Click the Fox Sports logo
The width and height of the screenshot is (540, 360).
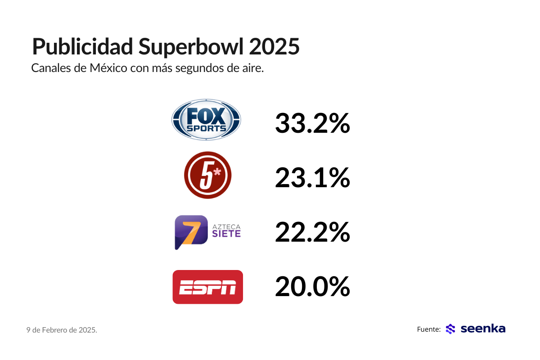(206, 120)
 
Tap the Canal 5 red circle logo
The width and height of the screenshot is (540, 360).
(207, 175)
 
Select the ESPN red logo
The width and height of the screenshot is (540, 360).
(208, 287)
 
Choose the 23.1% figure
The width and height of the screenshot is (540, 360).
(312, 178)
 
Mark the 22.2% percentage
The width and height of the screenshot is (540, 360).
(312, 232)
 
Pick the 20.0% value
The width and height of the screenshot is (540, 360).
(312, 287)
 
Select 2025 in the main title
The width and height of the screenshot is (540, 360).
(274, 47)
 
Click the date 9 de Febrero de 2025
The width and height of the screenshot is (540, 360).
(62, 330)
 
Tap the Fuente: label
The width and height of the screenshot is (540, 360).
(428, 329)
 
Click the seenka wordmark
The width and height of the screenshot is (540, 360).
(483, 329)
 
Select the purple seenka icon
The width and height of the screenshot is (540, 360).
(450, 329)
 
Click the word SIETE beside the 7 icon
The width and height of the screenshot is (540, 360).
(226, 234)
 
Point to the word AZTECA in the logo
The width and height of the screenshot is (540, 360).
(226, 225)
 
